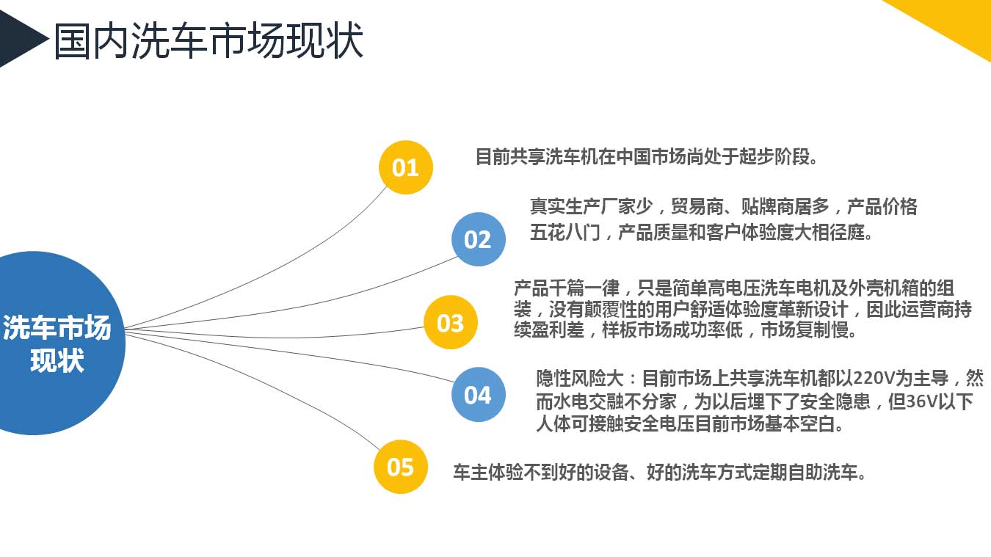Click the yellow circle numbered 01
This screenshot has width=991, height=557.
406,167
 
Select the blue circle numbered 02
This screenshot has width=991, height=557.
478,239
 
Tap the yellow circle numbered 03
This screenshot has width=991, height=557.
451,322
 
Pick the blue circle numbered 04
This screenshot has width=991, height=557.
478,394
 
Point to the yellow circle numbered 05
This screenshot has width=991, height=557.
400,467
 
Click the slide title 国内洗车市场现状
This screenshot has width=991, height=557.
208,40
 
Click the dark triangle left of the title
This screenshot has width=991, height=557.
22,39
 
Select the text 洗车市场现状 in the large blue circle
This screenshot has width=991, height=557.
57,343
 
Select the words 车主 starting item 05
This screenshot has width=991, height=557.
471,473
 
